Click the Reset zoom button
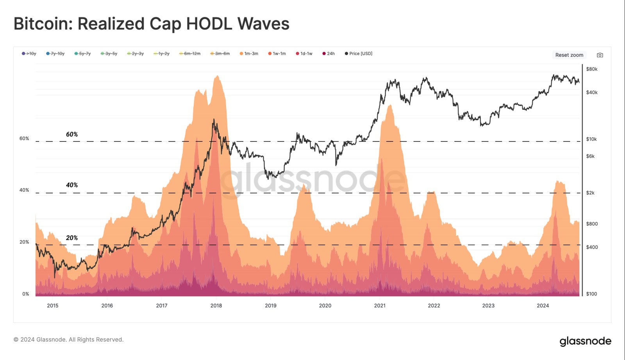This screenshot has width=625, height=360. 569,55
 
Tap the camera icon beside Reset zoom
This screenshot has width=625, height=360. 600,55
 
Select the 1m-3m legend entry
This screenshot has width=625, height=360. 249,54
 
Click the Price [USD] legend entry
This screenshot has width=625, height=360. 359,54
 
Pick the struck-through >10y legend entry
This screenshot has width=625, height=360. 29,54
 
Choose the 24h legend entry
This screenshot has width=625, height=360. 329,54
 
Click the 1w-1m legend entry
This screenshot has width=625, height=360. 277,54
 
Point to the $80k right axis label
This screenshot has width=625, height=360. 592,69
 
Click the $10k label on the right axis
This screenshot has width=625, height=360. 591,139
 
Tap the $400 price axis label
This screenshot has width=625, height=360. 592,247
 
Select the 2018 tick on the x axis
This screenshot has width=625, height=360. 216,306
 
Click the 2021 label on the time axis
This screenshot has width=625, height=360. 380,306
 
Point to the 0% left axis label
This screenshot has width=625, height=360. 25,294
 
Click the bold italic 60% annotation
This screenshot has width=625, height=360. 72,134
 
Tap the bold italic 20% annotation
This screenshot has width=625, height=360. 72,238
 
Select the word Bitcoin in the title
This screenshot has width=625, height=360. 40,24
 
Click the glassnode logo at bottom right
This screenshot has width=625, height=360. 585,341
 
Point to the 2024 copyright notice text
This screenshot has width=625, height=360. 68,340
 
